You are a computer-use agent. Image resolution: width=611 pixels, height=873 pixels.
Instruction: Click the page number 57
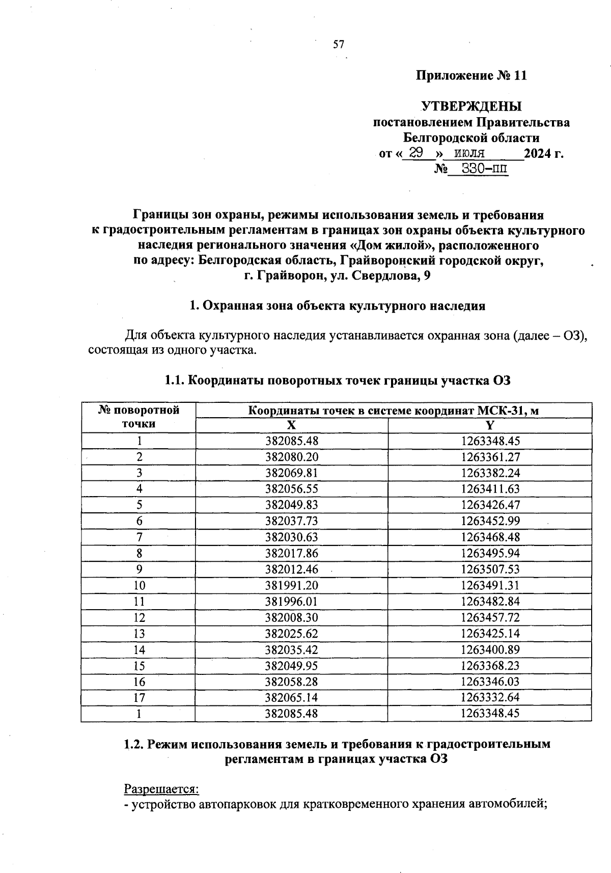(339, 45)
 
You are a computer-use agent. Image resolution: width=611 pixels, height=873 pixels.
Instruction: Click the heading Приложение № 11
(471, 76)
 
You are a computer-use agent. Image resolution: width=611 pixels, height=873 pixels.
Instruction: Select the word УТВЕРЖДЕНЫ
(471, 107)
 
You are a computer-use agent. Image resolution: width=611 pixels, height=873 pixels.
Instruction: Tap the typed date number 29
(416, 153)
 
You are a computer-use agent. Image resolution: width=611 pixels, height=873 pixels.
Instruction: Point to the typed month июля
(469, 153)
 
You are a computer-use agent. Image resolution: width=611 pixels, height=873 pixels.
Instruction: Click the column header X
(291, 426)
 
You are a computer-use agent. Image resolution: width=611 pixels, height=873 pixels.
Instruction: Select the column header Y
(489, 426)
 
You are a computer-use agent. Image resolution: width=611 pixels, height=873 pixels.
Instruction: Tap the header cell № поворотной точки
(138, 417)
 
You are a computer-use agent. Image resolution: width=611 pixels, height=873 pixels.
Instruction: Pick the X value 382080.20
(291, 457)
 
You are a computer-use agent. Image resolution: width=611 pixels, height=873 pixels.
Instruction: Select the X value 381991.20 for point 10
(291, 585)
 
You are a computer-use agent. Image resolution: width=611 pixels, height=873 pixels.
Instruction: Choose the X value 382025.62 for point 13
(291, 634)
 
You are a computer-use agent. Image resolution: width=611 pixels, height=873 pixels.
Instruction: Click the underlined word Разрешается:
(161, 789)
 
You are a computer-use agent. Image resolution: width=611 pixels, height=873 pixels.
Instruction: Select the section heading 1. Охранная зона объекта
(337, 306)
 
